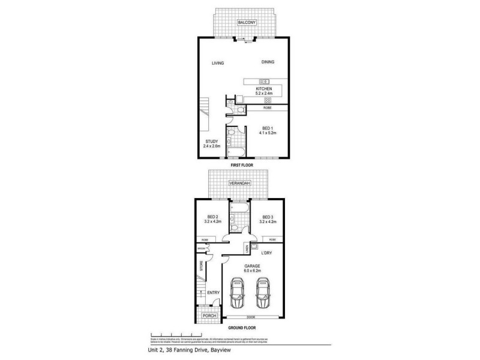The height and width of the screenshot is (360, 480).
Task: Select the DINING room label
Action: pyautogui.click(x=268, y=62)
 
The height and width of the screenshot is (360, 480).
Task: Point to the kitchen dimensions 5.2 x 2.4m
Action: pyautogui.click(x=264, y=94)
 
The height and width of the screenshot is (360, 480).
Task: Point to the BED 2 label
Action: pyautogui.click(x=212, y=217)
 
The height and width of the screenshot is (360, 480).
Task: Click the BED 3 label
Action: pyautogui.click(x=268, y=217)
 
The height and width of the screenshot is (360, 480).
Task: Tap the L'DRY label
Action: pyautogui.click(x=266, y=253)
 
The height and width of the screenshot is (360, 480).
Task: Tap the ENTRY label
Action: pyautogui.click(x=213, y=293)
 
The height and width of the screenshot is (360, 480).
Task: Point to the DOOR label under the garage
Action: pyautogui.click(x=251, y=317)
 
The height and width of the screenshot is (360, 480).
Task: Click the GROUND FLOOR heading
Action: pyautogui.click(x=241, y=328)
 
